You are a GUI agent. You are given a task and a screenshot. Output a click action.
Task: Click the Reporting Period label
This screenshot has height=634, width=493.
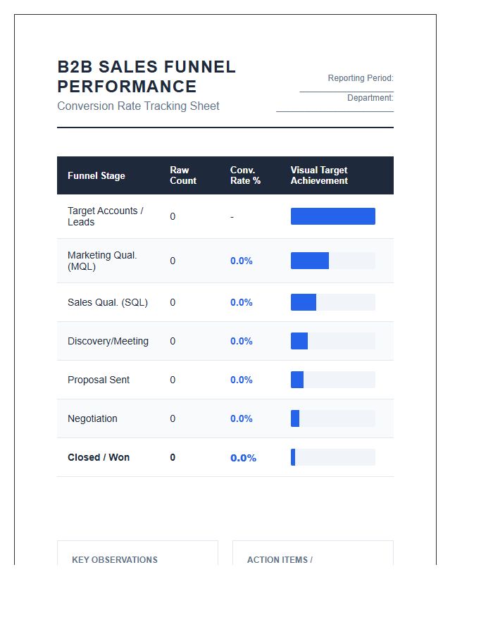pyautogui.click(x=361, y=78)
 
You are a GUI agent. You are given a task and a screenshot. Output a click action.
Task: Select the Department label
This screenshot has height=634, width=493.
pyautogui.click(x=370, y=98)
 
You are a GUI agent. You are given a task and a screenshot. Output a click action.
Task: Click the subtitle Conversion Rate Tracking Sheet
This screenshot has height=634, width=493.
pyautogui.click(x=138, y=106)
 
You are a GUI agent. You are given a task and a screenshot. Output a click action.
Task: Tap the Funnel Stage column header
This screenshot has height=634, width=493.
pyautogui.click(x=96, y=176)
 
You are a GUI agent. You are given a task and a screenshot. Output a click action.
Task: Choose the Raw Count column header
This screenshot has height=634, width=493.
pyautogui.click(x=183, y=175)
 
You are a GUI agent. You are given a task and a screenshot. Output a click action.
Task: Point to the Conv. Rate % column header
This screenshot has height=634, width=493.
pyautogui.click(x=245, y=175)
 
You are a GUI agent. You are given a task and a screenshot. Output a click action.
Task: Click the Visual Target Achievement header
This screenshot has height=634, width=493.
pyautogui.click(x=319, y=175)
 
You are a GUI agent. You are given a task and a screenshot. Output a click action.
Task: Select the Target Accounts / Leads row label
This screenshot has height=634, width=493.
pyautogui.click(x=105, y=216)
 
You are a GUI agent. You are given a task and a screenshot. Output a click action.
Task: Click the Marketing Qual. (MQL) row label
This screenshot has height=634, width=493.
pyautogui.click(x=102, y=261)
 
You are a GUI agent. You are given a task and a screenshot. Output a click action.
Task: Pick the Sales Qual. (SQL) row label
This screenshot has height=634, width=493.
pyautogui.click(x=108, y=302)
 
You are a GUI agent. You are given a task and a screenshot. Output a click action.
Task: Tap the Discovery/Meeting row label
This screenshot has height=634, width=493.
pyautogui.click(x=108, y=341)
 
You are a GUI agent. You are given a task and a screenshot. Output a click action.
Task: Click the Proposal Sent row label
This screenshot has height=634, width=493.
pyautogui.click(x=99, y=380)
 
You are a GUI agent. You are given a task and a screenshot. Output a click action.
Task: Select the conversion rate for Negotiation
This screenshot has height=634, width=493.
pyautogui.click(x=242, y=418)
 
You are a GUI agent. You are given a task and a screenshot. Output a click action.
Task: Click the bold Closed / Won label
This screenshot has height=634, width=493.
pyautogui.click(x=99, y=457)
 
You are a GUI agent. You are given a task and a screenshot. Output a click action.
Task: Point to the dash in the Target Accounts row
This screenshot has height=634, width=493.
pyautogui.click(x=232, y=217)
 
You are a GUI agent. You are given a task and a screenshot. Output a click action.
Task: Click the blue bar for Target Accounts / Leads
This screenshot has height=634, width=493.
pyautogui.click(x=333, y=216)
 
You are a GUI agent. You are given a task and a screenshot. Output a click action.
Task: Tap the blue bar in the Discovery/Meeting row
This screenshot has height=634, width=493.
pyautogui.click(x=299, y=341)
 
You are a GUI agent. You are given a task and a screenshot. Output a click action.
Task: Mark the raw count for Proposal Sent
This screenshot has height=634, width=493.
pyautogui.click(x=173, y=380)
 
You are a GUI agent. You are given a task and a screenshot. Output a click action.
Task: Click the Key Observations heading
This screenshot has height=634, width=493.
pyautogui.click(x=115, y=560)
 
